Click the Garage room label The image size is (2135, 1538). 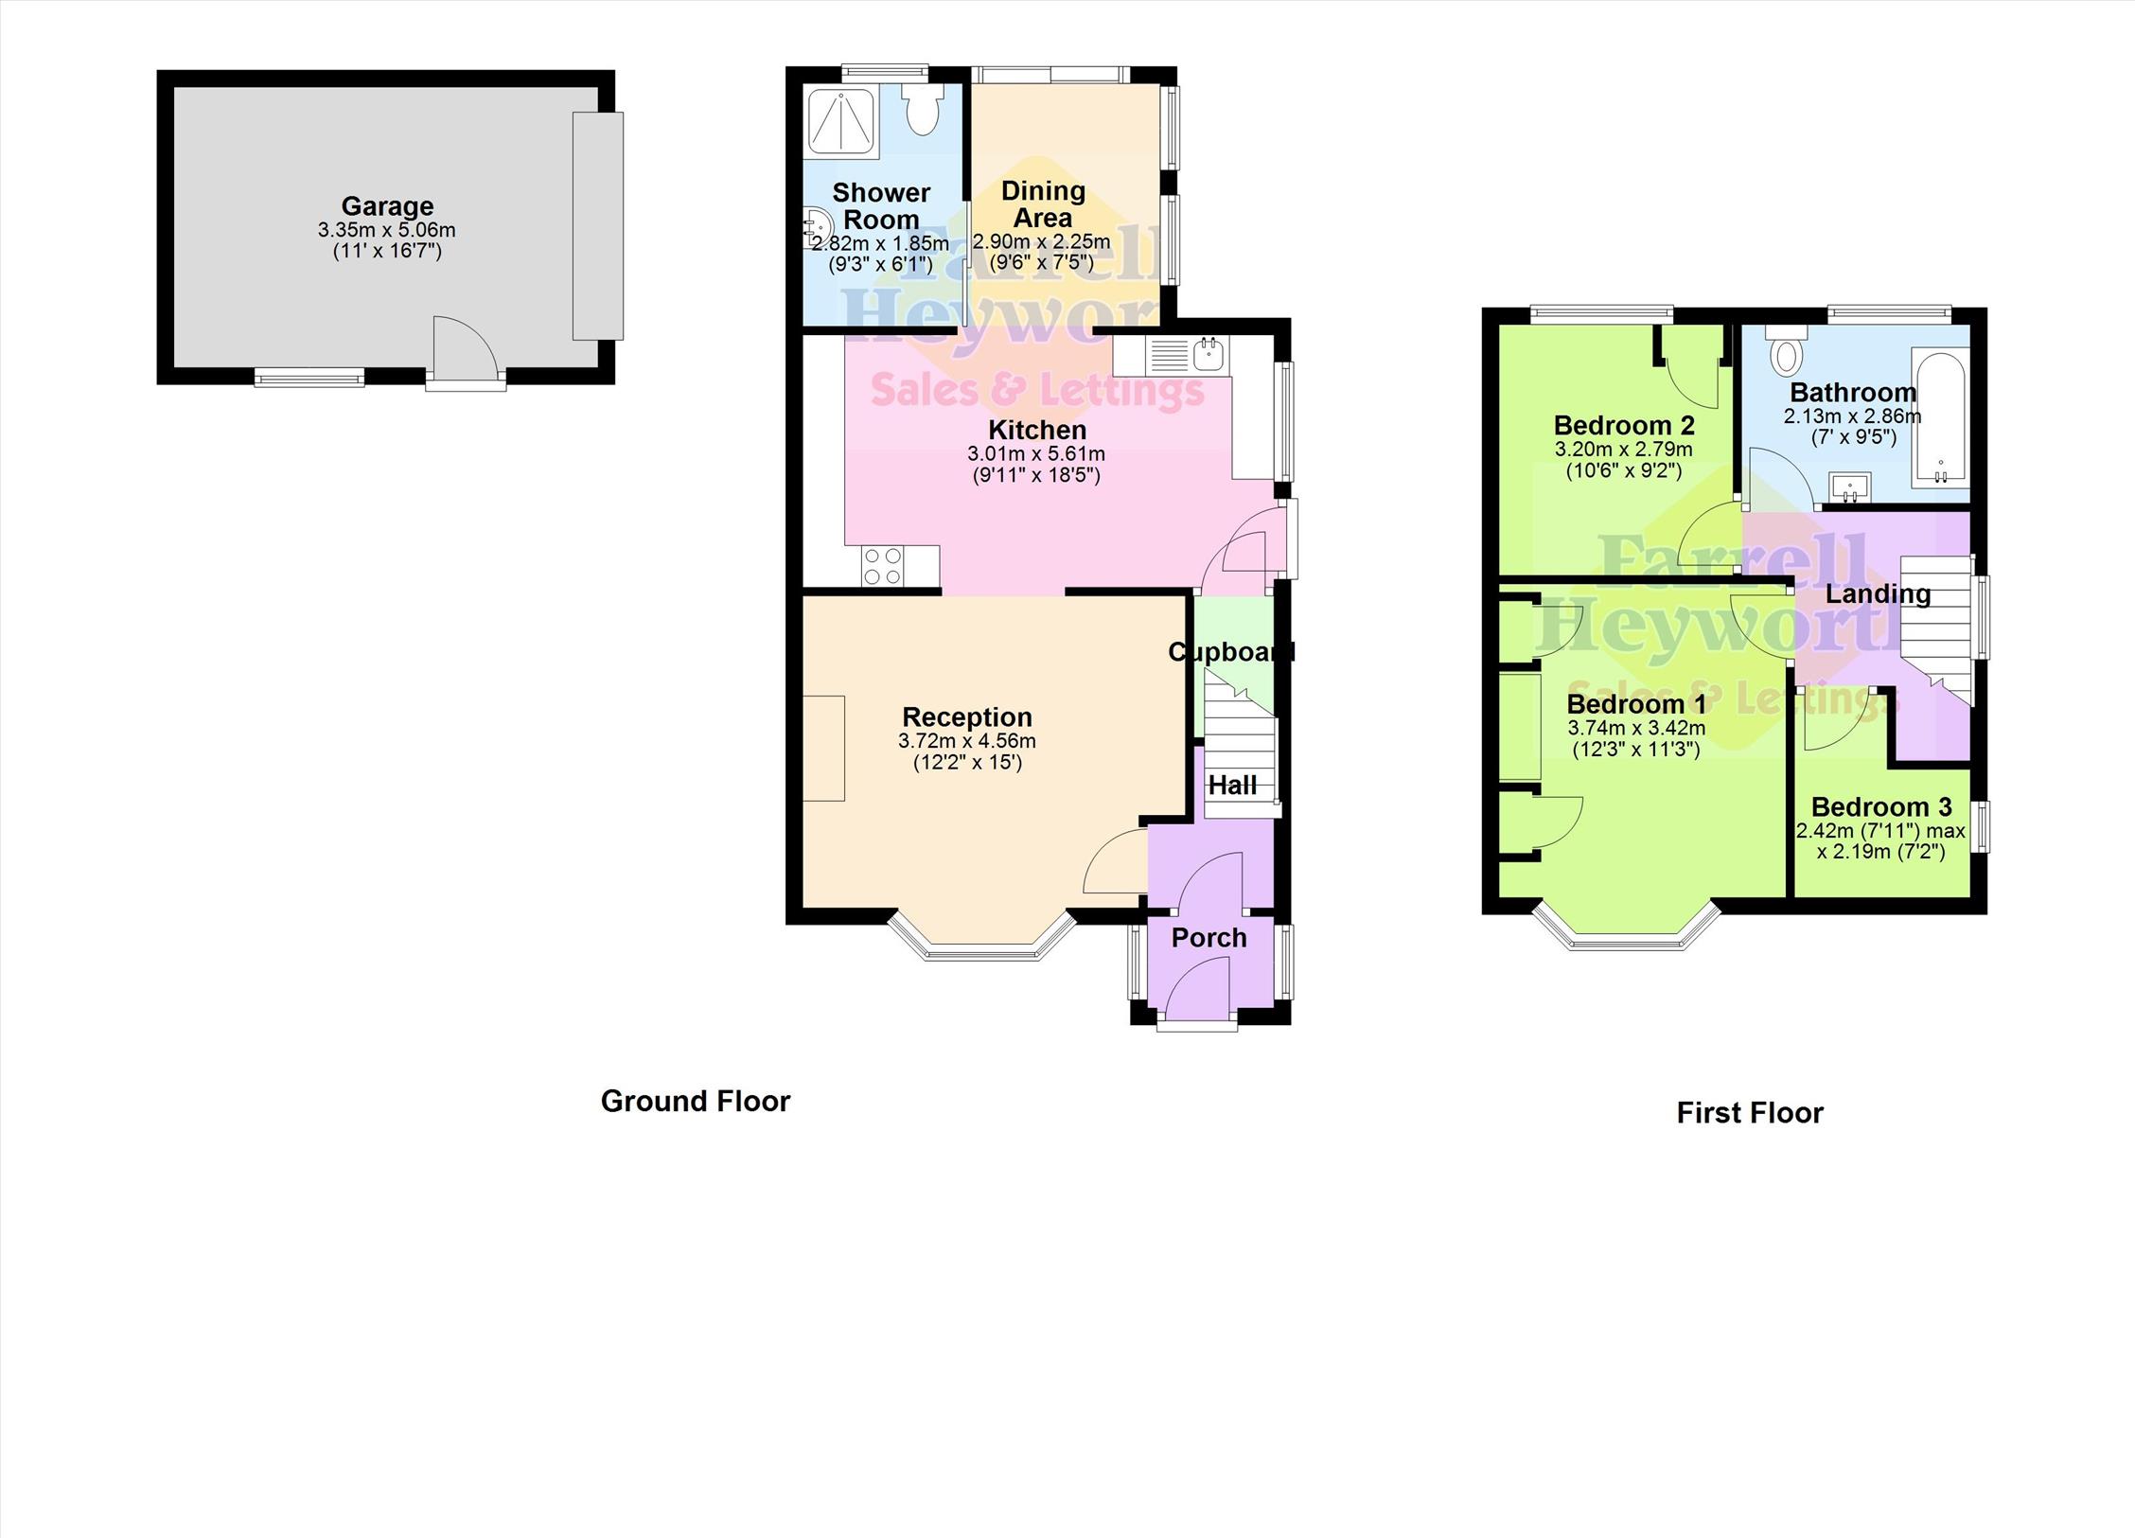pos(387,205)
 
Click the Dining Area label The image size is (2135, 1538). pos(1043,203)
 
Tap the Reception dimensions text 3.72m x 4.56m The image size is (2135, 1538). pos(967,741)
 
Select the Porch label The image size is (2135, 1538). pos(1209,938)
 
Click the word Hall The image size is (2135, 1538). pos(1232,785)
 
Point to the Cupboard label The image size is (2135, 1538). pos(1230,652)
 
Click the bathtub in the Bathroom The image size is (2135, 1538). pos(1940,417)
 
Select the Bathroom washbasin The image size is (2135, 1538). pos(1849,486)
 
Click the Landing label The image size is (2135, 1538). pos(1879,593)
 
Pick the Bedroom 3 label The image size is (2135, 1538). pos(1881,807)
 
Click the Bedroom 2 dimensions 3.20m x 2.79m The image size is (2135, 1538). pos(1624,450)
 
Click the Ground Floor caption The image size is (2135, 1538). pos(696,1101)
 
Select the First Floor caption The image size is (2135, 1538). pos(1750,1112)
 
